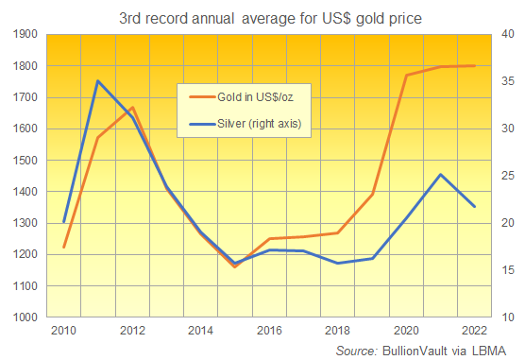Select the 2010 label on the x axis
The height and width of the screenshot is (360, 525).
pos(64,330)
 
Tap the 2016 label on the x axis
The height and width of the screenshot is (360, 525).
pos(269,330)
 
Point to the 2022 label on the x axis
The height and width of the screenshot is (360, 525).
pos(474,330)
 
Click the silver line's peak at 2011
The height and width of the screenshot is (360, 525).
pos(98,80)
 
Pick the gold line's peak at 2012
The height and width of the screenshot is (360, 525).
pos(132,108)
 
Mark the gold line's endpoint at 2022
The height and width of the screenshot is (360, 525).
pos(474,66)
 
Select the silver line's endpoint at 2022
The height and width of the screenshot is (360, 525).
pos(474,206)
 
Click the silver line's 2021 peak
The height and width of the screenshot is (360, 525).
pos(440,174)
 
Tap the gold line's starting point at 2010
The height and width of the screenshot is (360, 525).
pos(64,248)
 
